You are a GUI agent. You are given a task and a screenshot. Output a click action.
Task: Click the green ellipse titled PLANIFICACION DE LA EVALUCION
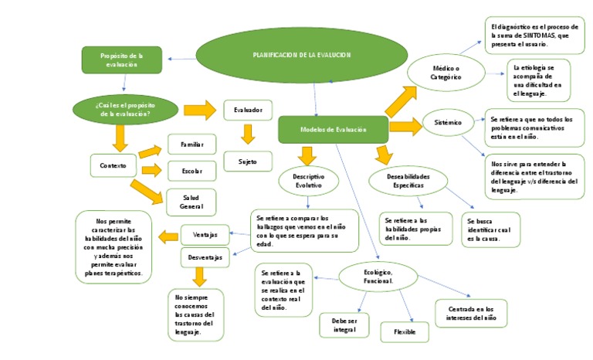(x=301, y=56)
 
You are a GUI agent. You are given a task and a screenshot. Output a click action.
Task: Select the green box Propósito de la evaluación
(x=122, y=60)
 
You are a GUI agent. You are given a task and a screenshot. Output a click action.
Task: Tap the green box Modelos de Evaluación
(x=333, y=129)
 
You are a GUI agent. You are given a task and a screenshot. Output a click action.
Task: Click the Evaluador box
(x=248, y=110)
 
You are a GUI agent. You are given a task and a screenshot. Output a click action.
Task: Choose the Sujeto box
(x=248, y=161)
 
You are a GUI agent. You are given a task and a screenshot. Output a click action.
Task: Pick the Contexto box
(x=113, y=165)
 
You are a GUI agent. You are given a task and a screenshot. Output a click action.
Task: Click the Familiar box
(x=191, y=144)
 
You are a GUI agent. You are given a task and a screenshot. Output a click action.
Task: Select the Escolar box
(x=191, y=170)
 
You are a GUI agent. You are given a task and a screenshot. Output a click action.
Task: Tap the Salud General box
(x=191, y=201)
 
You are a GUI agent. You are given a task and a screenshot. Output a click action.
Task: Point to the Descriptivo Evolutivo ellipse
(x=307, y=182)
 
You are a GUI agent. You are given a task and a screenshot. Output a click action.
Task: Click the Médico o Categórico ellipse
(x=446, y=73)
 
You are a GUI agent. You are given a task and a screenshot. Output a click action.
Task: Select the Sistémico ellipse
(x=448, y=122)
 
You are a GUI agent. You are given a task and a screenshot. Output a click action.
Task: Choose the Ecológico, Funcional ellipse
(x=378, y=277)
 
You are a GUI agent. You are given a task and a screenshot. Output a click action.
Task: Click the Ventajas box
(x=205, y=233)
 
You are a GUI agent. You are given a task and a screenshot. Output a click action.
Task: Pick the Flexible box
(x=405, y=331)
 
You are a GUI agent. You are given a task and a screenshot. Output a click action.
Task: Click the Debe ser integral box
(x=344, y=324)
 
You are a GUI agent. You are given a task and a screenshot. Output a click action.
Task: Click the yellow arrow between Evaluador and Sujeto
(x=248, y=135)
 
